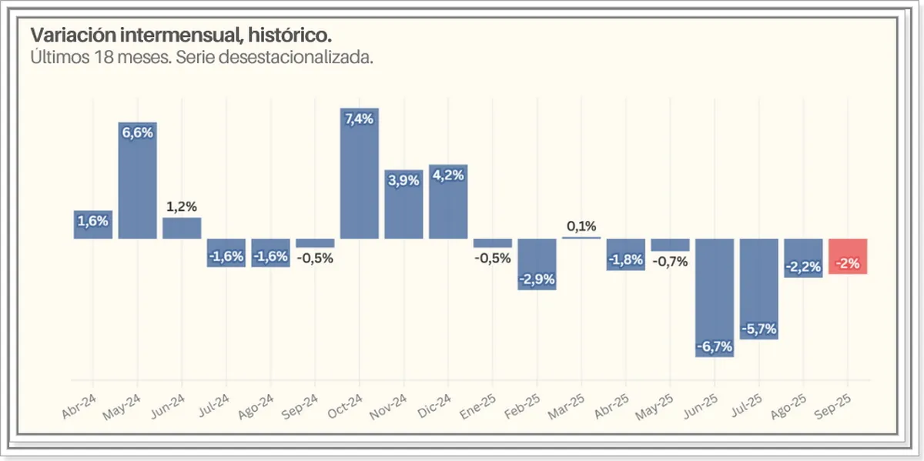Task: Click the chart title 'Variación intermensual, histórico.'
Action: [182, 36]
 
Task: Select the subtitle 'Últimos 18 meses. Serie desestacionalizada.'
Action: [202, 58]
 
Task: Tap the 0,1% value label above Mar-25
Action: [581, 226]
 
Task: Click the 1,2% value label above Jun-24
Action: [182, 206]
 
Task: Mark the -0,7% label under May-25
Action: [670, 262]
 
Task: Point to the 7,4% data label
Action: [359, 119]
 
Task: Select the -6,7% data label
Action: [715, 347]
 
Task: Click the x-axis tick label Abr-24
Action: [80, 403]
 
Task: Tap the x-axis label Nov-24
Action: [391, 403]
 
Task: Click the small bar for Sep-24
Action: [315, 242]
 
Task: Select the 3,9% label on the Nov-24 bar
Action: [403, 181]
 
